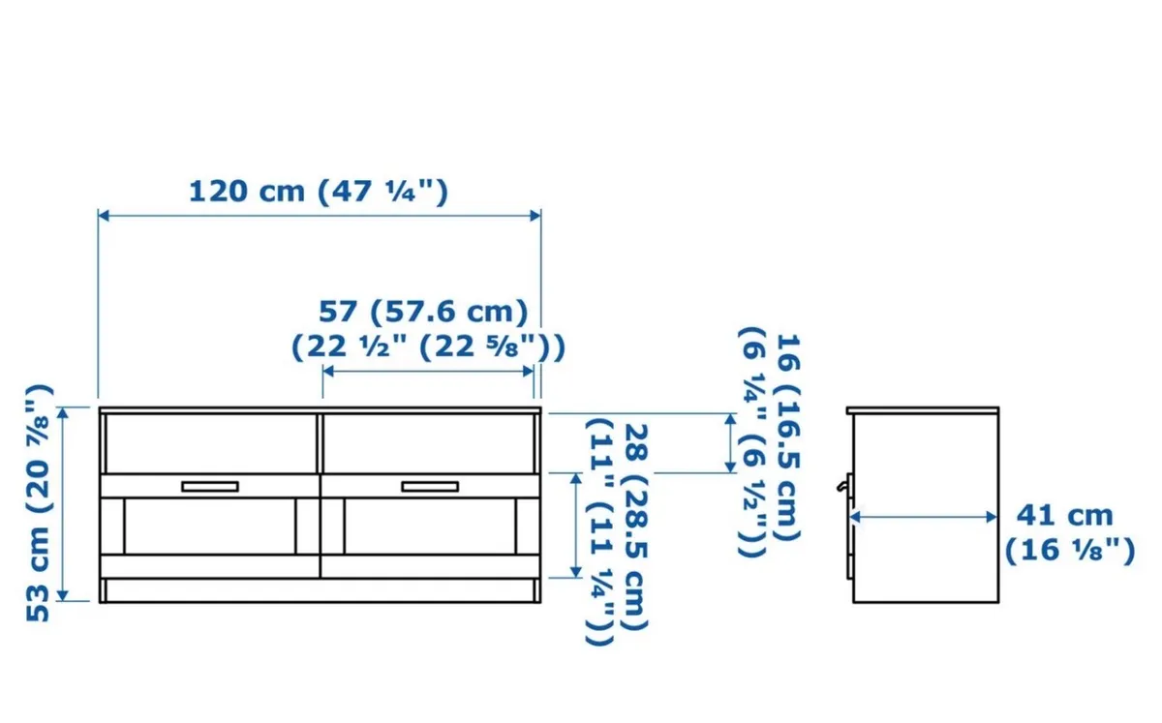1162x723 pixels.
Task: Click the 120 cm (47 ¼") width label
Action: (x=318, y=191)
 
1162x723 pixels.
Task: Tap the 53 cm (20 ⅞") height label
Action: (x=40, y=503)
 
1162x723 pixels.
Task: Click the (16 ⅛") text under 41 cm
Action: (x=1069, y=551)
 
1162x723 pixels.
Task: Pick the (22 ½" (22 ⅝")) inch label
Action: (x=428, y=346)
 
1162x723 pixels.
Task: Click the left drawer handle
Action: (x=209, y=487)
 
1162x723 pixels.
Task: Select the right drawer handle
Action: (x=430, y=487)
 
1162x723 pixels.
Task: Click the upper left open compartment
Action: (x=209, y=444)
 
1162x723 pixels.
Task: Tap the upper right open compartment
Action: (x=430, y=444)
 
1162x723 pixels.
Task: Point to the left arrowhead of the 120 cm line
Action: (x=103, y=216)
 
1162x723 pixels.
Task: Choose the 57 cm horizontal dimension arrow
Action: (x=428, y=371)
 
